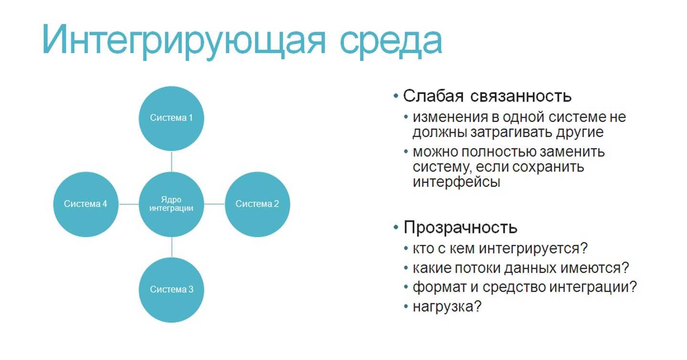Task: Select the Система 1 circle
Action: pos(171,118)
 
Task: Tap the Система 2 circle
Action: pos(257,204)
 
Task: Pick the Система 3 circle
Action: pos(171,290)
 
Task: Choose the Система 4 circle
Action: pos(85,204)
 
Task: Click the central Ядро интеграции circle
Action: pos(171,204)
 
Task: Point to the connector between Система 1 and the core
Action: pos(171,161)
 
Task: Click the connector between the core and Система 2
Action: pos(214,204)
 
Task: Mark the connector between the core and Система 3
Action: pos(172,247)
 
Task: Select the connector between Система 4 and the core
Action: pos(129,204)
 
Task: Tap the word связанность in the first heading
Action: pos(521,96)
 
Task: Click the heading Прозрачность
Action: pos(460,228)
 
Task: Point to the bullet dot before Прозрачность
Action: pos(396,227)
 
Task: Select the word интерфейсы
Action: pos(456,182)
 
